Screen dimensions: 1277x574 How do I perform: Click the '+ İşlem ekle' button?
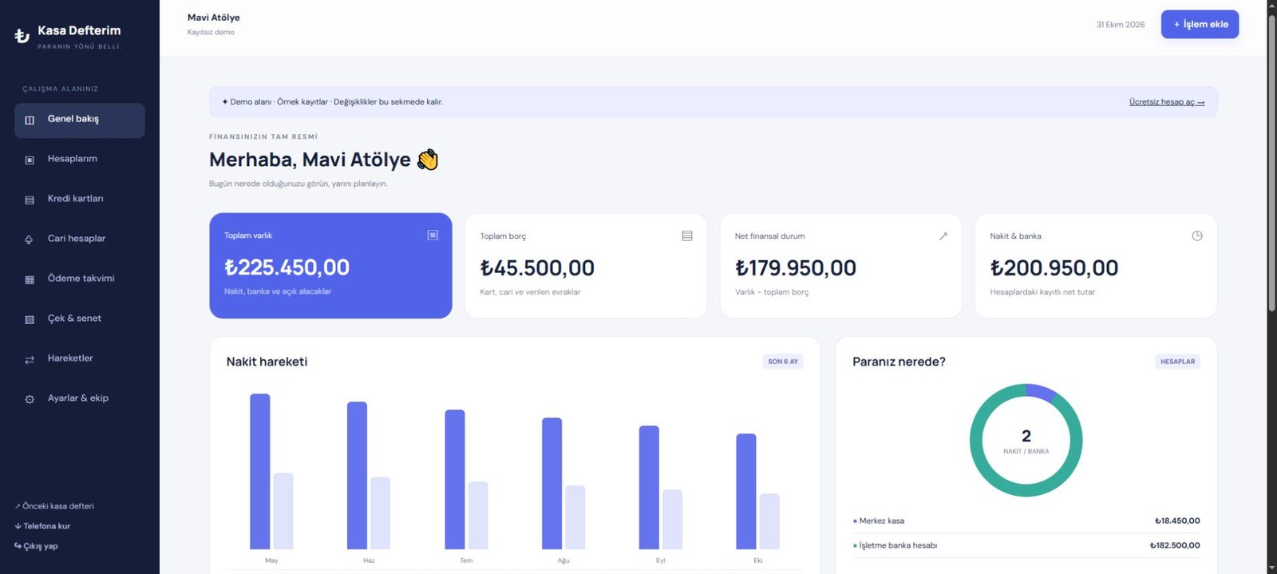[x=1200, y=24]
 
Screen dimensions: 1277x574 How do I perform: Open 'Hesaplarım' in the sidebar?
[x=73, y=159]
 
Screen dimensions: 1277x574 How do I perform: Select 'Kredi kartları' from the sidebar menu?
[x=75, y=199]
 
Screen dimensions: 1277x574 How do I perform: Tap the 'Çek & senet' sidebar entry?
[x=74, y=319]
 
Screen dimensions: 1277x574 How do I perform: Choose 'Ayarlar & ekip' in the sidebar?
[x=77, y=398]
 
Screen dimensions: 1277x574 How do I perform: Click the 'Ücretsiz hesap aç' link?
[x=1166, y=102]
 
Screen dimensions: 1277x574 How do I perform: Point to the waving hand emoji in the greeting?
[x=428, y=160]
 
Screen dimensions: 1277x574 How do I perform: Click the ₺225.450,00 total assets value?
[x=287, y=267]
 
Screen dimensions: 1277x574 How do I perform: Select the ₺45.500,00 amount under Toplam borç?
[x=537, y=268]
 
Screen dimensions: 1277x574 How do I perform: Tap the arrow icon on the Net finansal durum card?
[x=943, y=236]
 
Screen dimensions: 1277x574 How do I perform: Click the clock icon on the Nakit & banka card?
[x=1196, y=236]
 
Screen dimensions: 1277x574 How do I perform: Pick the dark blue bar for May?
[x=260, y=471]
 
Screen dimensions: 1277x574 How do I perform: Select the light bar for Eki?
[x=769, y=521]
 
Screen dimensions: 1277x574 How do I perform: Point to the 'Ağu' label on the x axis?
[x=563, y=560]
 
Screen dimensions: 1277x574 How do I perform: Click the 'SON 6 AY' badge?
[x=783, y=362]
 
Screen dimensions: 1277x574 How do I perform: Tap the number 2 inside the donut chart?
[x=1026, y=436]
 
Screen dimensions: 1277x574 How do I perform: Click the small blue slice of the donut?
[x=1042, y=392]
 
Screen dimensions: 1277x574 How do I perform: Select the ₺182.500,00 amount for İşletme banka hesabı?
[x=1175, y=545]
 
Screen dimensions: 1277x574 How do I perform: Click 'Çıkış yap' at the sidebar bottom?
[x=36, y=546]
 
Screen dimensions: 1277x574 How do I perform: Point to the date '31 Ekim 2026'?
[x=1121, y=25]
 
